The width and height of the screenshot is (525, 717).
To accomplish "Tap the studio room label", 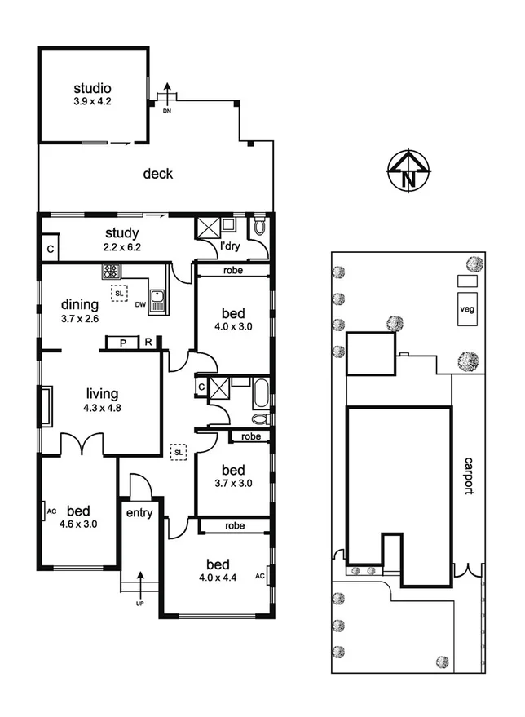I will [x=92, y=89].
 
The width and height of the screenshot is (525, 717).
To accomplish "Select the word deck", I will [x=158, y=174].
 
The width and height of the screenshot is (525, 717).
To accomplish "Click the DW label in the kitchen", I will [x=140, y=305].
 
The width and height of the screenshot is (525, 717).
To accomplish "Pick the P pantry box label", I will [x=123, y=343].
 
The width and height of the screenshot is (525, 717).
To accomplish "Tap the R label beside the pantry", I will [x=149, y=343].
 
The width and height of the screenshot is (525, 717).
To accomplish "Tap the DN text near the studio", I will [x=167, y=109].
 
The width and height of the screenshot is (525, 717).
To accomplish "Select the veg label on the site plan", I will [x=467, y=309].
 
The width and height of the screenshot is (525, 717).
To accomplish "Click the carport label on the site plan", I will [x=468, y=476].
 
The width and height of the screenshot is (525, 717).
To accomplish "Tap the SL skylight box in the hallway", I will [x=177, y=450].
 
